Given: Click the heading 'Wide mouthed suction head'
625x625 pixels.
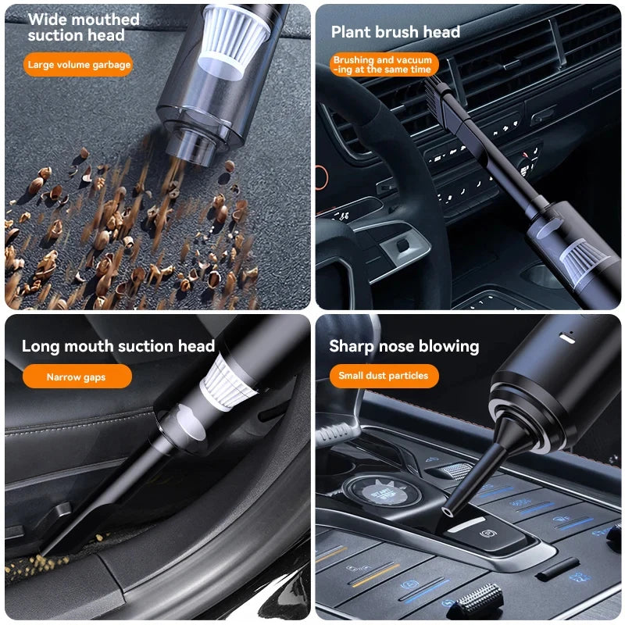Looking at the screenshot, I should click(84, 27).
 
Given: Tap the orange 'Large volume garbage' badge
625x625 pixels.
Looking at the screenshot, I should click(79, 65).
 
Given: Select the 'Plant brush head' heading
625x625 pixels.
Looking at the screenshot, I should click(395, 32).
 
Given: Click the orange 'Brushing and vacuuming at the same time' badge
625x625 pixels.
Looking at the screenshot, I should click(383, 65).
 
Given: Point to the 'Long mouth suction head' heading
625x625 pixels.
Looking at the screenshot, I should click(118, 346).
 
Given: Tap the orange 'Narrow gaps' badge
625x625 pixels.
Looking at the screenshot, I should click(76, 377).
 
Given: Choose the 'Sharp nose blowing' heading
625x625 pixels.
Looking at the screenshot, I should click(404, 346).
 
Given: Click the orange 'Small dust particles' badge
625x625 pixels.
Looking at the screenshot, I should click(383, 376).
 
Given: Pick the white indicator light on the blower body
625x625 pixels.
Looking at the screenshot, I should click(569, 337).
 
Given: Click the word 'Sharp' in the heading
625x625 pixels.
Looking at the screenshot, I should click(352, 346).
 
